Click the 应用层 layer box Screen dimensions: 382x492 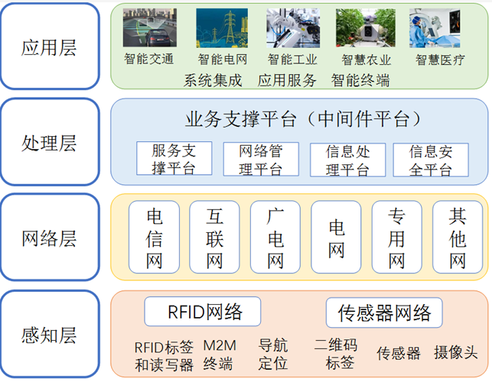(x=50, y=46)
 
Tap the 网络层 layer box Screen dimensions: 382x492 (x=50, y=238)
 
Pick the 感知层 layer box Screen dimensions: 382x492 (x=50, y=333)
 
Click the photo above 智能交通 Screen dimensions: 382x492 (x=149, y=28)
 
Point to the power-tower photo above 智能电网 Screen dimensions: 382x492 (x=222, y=28)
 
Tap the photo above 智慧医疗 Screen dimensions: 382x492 (x=435, y=28)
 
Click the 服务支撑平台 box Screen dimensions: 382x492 (x=174, y=159)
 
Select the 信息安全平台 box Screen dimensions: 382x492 (x=430, y=159)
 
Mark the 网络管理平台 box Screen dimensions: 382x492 (x=260, y=159)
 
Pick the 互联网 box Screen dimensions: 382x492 (x=215, y=238)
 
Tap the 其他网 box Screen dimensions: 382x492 (x=458, y=238)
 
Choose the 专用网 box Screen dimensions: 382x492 (x=396, y=238)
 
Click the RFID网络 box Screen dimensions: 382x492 (x=203, y=312)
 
